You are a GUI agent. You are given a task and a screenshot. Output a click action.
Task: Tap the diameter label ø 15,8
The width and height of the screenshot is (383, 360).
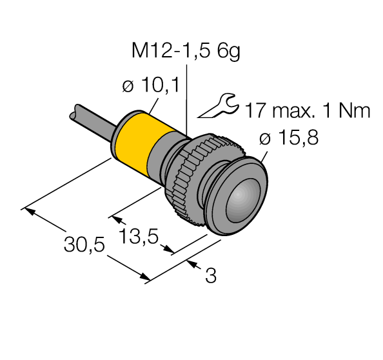coord(288,138)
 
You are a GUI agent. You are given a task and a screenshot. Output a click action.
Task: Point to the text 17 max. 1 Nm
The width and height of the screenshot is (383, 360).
coord(307,111)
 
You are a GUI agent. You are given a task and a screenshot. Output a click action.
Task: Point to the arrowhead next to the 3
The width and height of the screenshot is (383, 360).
coord(191,263)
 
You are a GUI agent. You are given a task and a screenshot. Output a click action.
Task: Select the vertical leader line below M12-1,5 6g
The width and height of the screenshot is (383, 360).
coord(186,97)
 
